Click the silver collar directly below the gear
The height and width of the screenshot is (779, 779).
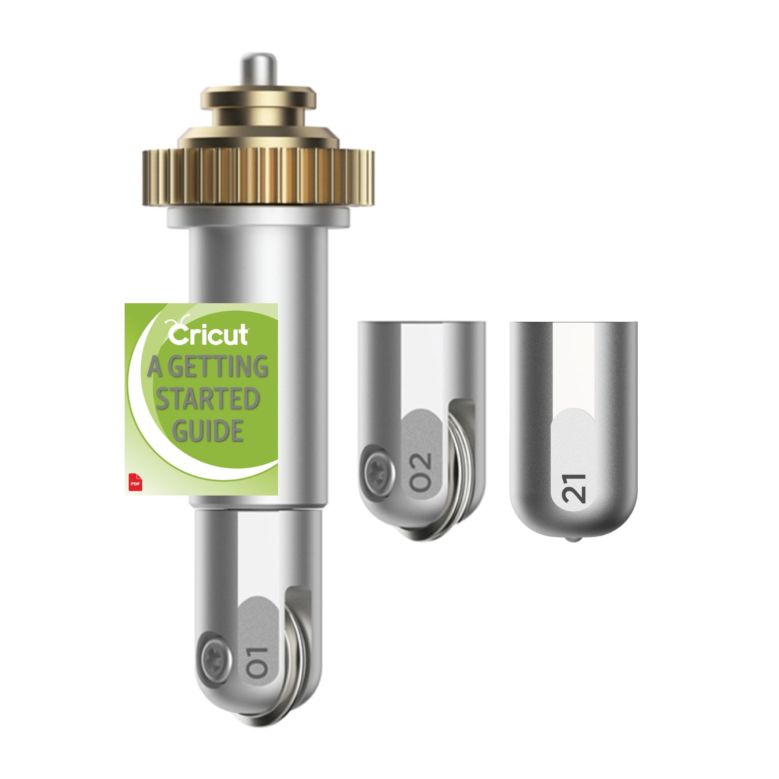[258, 217]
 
